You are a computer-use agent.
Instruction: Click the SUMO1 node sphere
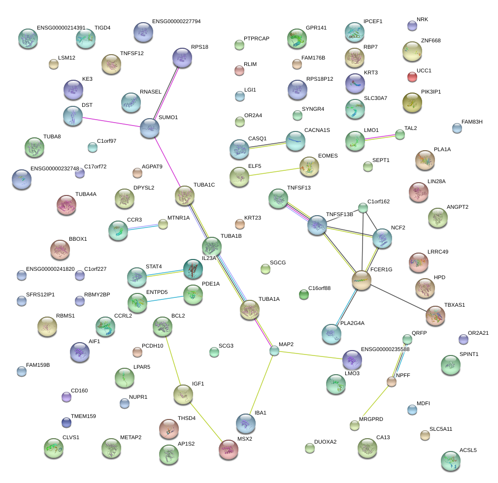(x=149, y=128)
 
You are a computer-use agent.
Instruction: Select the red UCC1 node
(x=412, y=76)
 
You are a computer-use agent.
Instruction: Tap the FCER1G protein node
(x=362, y=280)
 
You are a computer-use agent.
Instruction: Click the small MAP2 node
(x=274, y=351)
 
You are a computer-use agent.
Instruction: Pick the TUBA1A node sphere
(x=249, y=309)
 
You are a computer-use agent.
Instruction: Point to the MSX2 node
(x=228, y=449)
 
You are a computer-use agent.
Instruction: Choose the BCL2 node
(x=162, y=325)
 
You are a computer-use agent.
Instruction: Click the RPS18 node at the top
(x=182, y=58)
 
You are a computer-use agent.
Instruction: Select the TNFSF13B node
(x=317, y=225)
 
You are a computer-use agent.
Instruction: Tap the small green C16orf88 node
(x=304, y=294)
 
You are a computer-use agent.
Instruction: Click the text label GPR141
(x=316, y=28)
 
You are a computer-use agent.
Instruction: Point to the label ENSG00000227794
(x=176, y=22)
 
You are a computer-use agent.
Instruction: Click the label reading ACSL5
(x=468, y=450)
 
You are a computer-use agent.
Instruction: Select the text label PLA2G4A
(x=352, y=323)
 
